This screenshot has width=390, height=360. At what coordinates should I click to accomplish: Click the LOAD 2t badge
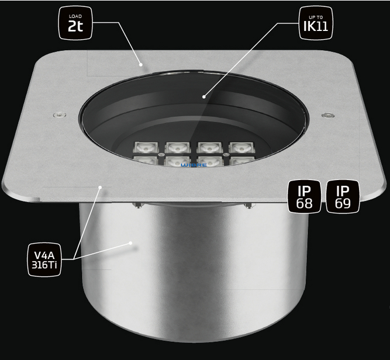tap(75, 23)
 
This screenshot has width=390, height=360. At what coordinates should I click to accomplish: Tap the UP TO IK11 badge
tap(316, 23)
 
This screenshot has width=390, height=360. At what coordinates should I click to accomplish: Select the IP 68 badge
tap(305, 196)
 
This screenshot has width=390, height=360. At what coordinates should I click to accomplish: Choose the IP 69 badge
tap(343, 196)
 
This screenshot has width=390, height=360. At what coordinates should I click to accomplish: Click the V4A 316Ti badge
tap(44, 259)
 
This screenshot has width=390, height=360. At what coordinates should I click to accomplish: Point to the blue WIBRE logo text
tap(194, 165)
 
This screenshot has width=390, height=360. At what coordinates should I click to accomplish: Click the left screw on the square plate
tap(60, 115)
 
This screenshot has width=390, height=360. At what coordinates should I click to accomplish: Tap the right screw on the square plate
tap(328, 115)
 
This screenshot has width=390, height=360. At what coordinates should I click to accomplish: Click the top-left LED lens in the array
tap(146, 147)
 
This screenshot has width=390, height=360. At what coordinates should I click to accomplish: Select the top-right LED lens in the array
tap(241, 147)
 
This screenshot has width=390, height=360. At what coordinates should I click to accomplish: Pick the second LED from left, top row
tap(178, 147)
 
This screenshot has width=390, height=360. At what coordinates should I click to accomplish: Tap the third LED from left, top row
tap(209, 147)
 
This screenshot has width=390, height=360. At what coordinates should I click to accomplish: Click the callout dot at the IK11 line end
tap(204, 96)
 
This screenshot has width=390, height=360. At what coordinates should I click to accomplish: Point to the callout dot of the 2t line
tap(141, 65)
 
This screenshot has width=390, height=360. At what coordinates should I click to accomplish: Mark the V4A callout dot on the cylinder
tap(130, 243)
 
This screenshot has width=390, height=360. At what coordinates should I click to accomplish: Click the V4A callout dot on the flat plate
tap(100, 187)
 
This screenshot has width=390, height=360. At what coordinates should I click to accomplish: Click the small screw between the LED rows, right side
tap(225, 155)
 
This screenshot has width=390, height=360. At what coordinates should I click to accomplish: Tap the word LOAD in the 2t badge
tap(75, 16)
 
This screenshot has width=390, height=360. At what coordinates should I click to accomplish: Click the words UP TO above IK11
tap(316, 17)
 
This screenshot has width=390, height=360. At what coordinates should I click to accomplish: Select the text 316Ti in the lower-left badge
tap(44, 265)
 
